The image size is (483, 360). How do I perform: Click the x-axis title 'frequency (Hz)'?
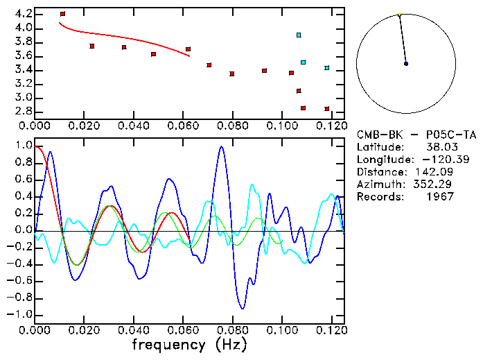[x=189, y=345]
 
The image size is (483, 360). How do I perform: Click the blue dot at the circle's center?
[x=406, y=64]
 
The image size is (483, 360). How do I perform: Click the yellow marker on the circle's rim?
[x=399, y=15]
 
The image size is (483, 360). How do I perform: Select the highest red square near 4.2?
[x=62, y=14]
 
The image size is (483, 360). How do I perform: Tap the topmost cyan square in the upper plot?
[x=299, y=35]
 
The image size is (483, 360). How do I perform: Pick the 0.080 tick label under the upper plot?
[x=232, y=126]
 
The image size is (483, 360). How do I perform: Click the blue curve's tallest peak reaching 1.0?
[x=221, y=146]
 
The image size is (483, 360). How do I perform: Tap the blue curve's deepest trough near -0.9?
[x=243, y=308]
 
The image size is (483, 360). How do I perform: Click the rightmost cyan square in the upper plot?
[x=327, y=68]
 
